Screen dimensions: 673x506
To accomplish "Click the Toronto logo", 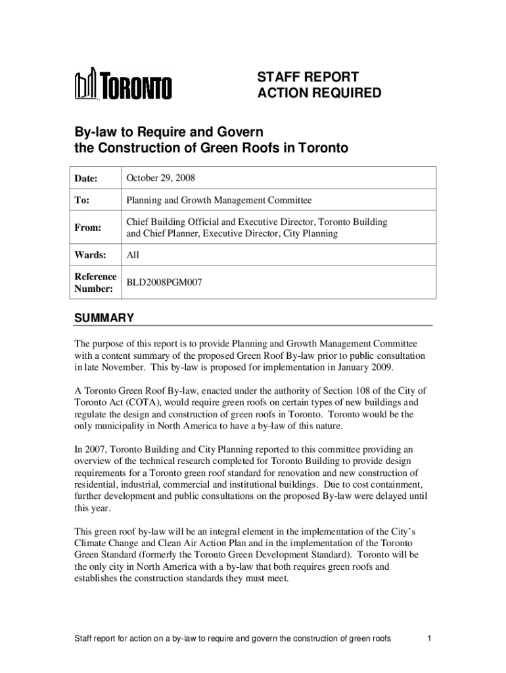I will pyautogui.click(x=124, y=85).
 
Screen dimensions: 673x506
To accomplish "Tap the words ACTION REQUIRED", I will pyautogui.click(x=318, y=93).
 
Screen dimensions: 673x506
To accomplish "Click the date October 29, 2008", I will pyautogui.click(x=161, y=178).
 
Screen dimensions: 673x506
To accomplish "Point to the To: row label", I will pyautogui.click(x=81, y=200).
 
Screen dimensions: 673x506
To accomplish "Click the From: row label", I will pyautogui.click(x=87, y=227).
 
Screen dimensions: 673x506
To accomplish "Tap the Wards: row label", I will pyautogui.click(x=89, y=254).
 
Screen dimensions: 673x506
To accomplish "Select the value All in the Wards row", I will pyautogui.click(x=133, y=254).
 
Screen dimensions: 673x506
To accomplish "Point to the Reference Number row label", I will pyautogui.click(x=95, y=282).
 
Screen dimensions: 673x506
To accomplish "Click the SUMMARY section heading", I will pyautogui.click(x=104, y=319).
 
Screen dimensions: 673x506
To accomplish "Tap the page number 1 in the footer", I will pyautogui.click(x=428, y=638).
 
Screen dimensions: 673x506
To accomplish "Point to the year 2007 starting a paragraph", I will pyautogui.click(x=95, y=450).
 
